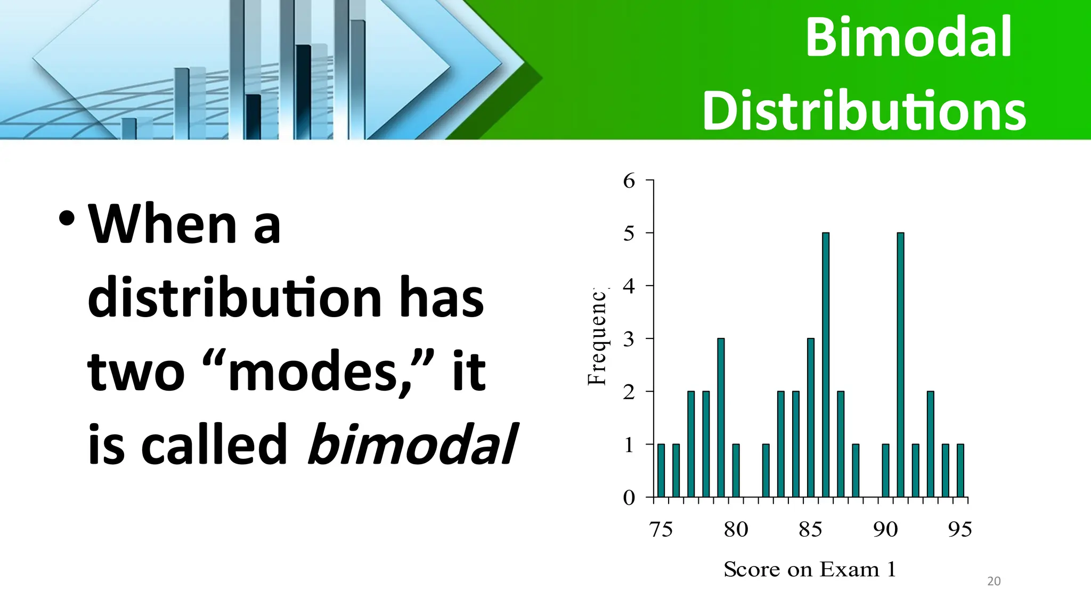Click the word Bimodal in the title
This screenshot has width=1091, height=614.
pos(908,37)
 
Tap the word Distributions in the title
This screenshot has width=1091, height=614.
pos(864,111)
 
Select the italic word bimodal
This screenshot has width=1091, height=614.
pos(411,443)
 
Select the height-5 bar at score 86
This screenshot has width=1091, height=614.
pos(825,365)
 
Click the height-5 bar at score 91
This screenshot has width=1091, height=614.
pos(900,365)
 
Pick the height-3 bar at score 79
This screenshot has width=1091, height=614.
pos(721,417)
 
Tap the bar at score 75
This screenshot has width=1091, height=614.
pos(661,470)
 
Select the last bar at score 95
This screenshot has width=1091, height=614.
pos(960,470)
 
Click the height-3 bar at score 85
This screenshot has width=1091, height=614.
pos(810,417)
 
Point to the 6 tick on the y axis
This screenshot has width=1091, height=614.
pos(629,181)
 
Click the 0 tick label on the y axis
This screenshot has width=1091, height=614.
pos(629,498)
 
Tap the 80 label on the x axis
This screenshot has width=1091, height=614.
pos(736,529)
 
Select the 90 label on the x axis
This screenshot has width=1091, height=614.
pos(885,529)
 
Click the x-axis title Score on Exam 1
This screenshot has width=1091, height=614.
pos(809,569)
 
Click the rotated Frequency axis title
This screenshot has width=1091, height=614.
pos(597,337)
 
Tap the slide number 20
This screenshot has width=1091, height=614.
pos(994,581)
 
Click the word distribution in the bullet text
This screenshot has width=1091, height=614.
pos(234,297)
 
